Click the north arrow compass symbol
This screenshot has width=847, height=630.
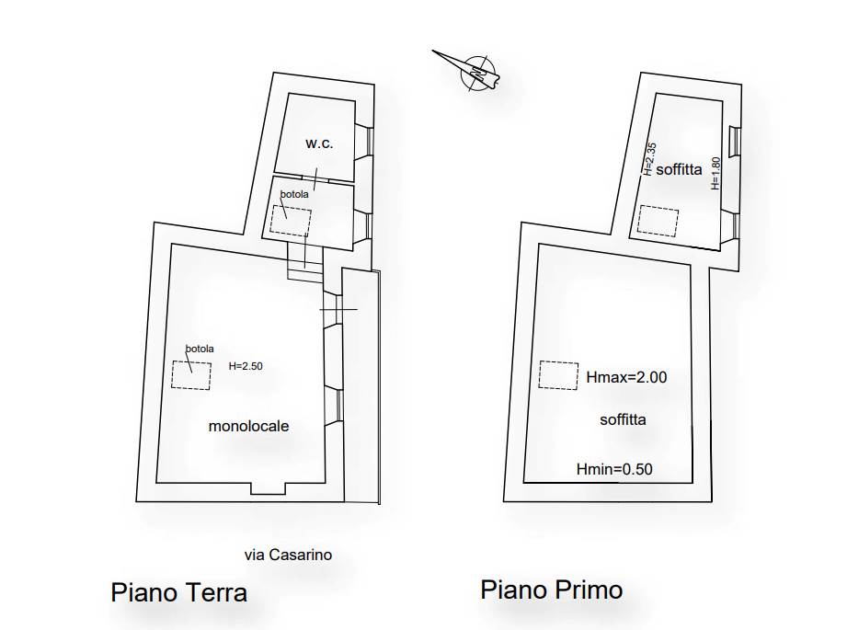(476, 71)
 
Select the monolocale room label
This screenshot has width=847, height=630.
(248, 426)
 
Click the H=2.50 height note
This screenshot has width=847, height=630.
(246, 366)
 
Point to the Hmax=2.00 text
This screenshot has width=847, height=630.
(626, 376)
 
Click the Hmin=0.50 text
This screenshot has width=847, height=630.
(614, 469)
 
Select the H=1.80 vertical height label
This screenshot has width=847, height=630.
(715, 173)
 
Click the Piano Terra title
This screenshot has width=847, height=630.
(178, 591)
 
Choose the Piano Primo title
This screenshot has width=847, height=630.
(551, 589)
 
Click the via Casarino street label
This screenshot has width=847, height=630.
(288, 555)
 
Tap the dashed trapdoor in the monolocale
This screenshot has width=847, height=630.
(191, 374)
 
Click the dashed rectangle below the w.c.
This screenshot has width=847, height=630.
(291, 221)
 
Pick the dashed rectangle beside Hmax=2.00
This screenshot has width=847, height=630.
(557, 374)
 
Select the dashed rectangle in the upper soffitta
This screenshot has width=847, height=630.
(658, 222)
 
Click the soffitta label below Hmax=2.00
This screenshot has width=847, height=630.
(623, 419)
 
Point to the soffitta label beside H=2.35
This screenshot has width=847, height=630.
(680, 169)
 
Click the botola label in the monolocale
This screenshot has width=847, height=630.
(200, 349)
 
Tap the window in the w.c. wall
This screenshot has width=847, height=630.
(370, 139)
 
